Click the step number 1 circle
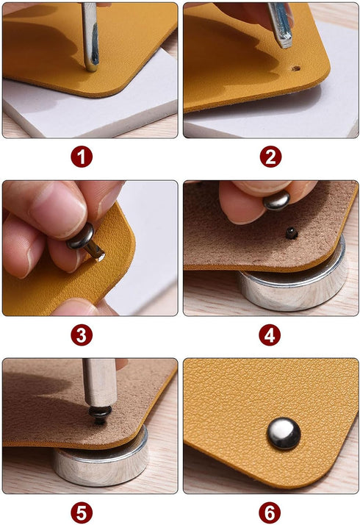click(82, 157)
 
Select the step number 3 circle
click(82, 335)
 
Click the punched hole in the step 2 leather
click(298, 68)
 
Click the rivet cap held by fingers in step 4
click(276, 199)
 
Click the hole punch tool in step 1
click(90, 33)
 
